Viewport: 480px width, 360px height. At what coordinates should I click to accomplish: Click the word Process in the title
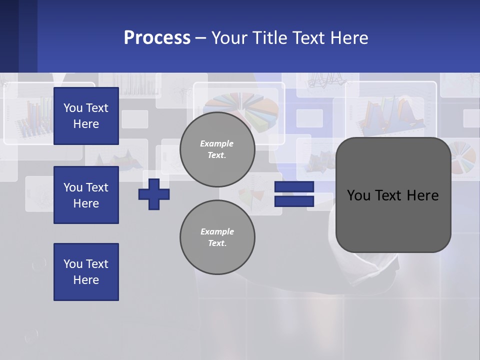coord(157,38)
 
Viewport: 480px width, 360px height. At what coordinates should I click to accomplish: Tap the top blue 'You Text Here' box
coord(86,116)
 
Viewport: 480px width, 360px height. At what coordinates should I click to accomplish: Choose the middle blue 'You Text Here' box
coord(86,195)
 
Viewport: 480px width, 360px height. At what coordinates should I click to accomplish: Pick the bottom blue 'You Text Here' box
coord(86,272)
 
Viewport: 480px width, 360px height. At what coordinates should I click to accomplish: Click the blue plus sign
coord(154,194)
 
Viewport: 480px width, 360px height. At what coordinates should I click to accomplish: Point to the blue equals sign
coord(294,194)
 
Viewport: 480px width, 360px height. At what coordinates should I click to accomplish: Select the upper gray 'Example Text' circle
coord(217,149)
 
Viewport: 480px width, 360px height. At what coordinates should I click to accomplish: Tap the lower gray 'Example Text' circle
coord(217,237)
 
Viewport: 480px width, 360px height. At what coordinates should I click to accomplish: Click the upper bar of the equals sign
coord(294,186)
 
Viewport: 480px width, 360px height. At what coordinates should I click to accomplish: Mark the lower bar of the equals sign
coord(294,201)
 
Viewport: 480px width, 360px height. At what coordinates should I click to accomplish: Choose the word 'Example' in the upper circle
coord(217,143)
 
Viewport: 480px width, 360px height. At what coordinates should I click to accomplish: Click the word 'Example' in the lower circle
coord(217,231)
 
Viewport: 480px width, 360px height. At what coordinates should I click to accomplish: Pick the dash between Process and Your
coord(201,38)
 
